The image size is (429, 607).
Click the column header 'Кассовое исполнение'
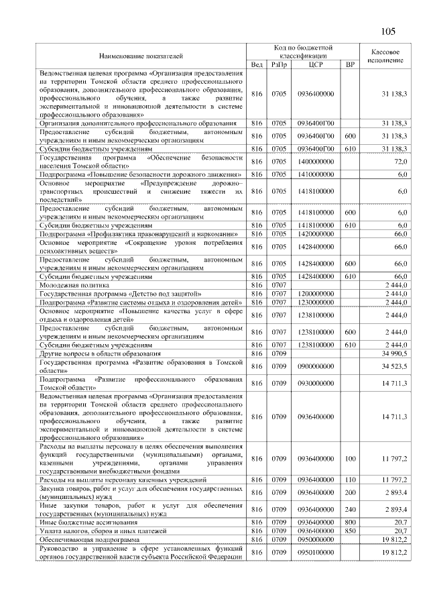(385, 56)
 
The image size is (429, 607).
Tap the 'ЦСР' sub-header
(316, 64)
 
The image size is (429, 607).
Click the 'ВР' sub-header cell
(349, 64)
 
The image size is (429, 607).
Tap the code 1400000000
(316, 162)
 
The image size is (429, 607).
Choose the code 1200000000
(316, 294)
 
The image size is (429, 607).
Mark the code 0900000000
(316, 366)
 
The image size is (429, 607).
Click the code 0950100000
(316, 552)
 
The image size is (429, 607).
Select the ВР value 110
(349, 480)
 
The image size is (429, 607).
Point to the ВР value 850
(349, 530)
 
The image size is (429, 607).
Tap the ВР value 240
(349, 509)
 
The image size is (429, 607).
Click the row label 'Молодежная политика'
(70, 285)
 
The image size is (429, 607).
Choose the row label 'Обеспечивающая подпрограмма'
(89, 539)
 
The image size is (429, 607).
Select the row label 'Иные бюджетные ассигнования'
(88, 521)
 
